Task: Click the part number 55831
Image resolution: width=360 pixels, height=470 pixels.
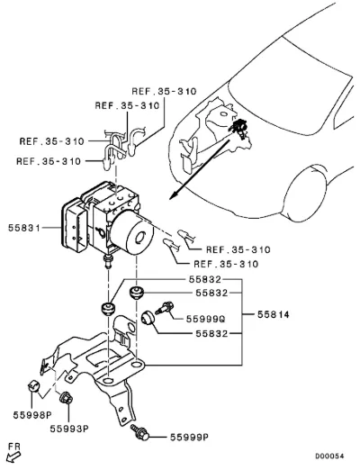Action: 24,228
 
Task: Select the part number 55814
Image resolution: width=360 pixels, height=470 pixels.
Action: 274,314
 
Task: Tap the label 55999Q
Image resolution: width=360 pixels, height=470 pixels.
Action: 205,319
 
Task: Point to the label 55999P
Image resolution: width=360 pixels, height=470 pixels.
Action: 189,438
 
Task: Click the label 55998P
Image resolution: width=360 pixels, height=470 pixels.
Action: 32,415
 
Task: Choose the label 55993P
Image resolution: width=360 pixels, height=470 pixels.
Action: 69,429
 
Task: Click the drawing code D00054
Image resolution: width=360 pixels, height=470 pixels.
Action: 329,456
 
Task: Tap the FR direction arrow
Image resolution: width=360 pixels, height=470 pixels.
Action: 13,457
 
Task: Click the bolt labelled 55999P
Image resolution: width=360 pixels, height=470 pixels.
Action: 139,432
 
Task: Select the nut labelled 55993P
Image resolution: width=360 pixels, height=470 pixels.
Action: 67,398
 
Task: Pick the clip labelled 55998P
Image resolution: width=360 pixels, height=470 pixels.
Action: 34,385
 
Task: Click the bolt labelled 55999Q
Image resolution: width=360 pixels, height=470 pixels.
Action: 164,308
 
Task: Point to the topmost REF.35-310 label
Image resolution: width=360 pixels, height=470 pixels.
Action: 164,91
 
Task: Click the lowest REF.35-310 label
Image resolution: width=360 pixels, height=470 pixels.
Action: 226,264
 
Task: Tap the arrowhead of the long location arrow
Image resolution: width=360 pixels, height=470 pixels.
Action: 173,195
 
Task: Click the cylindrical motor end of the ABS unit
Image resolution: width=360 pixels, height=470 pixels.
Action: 133,231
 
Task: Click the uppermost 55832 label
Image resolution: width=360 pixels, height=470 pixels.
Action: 205,280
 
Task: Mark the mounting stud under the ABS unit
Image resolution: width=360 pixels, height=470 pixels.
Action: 107,262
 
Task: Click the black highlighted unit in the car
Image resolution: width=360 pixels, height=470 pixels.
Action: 239,127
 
